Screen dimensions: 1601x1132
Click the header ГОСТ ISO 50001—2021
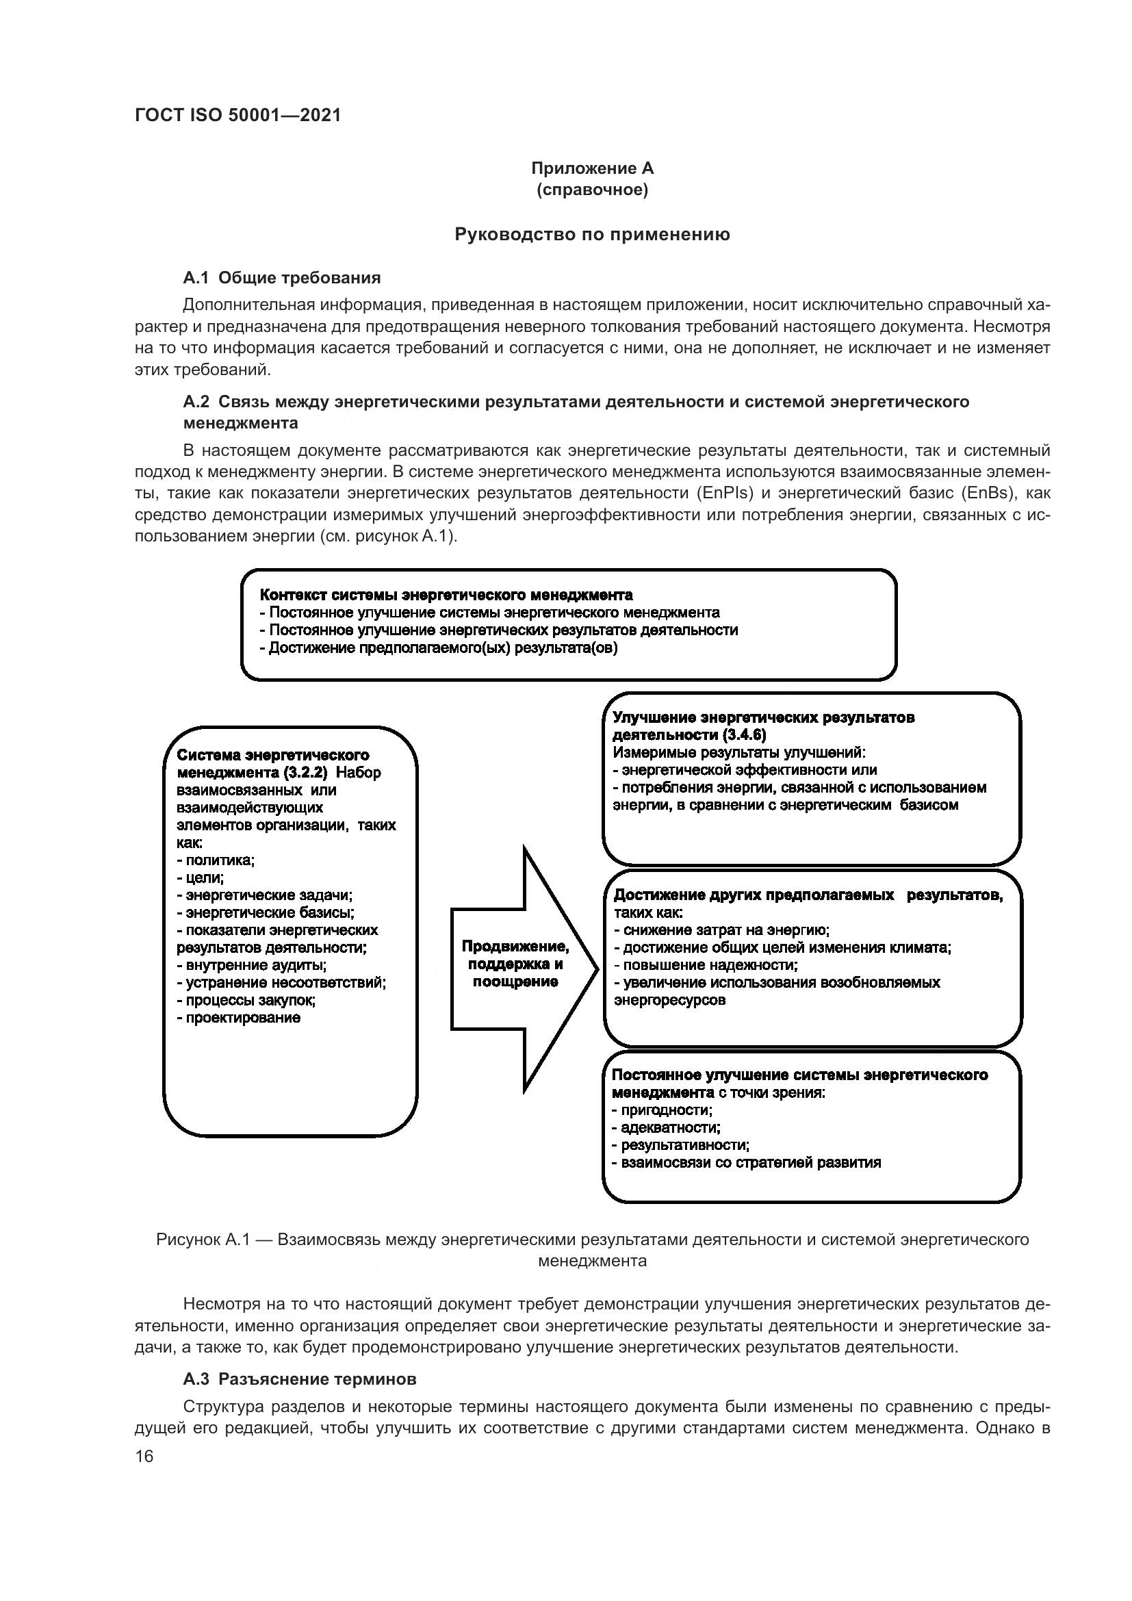[x=237, y=116]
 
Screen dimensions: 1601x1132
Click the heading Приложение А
[x=593, y=168]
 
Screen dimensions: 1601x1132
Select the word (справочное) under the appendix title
[x=593, y=190]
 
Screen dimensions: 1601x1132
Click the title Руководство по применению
[x=593, y=234]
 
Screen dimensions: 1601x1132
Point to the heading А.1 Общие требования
[x=281, y=277]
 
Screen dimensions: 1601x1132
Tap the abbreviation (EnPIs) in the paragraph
[x=724, y=493]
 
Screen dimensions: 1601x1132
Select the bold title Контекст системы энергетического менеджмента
[x=446, y=595]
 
